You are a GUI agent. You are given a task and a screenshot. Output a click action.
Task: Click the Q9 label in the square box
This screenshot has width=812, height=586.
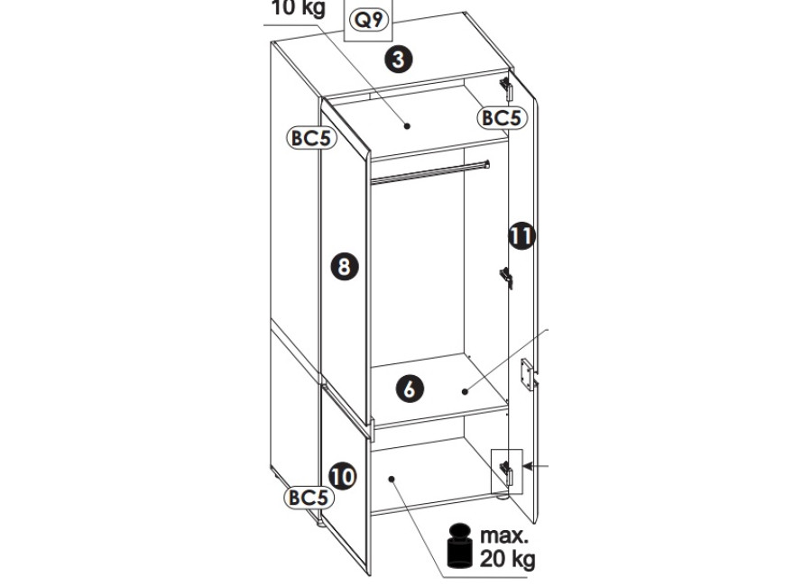pos(369,20)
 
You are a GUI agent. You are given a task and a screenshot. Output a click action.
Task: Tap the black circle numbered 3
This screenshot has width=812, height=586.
pos(398,59)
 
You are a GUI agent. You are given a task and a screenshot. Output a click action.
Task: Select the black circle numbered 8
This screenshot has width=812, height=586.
pos(345,267)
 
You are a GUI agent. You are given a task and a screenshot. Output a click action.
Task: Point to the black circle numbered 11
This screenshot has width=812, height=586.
pos(521,236)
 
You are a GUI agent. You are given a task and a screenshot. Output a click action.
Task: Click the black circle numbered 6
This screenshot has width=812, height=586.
pos(410,389)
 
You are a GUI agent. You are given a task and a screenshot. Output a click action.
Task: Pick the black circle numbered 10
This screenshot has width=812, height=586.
pos(343,476)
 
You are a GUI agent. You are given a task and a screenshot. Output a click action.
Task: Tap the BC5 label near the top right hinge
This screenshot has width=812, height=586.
pos(502,118)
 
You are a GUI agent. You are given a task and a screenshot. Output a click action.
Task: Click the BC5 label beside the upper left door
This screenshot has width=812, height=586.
pos(311,138)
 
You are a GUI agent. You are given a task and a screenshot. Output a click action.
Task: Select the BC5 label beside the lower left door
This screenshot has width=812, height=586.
pos(309,498)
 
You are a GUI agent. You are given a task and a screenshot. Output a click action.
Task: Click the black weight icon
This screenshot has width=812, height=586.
pos(460,545)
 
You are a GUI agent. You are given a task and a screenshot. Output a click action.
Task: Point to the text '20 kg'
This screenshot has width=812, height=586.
pos(507,559)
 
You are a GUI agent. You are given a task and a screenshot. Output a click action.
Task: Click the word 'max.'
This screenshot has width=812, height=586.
pos(504,536)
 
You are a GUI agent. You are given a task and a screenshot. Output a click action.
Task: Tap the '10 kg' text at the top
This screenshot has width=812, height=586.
pos(299,7)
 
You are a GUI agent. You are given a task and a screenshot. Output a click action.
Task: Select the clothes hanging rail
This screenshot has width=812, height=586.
pos(430,172)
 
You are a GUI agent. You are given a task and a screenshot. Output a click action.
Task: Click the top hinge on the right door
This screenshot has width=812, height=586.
pos(506,88)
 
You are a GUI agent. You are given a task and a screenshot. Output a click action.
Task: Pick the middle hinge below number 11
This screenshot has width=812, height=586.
pos(506,278)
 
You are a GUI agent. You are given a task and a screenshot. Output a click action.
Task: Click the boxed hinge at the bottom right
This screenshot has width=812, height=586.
pos(506,472)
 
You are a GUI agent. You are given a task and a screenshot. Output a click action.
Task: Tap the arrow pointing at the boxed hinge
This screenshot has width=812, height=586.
pos(535,466)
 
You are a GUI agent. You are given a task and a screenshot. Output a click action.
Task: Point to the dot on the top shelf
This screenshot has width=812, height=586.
pos(407,126)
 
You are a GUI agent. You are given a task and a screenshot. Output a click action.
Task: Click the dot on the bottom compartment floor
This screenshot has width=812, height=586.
pos(392,480)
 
